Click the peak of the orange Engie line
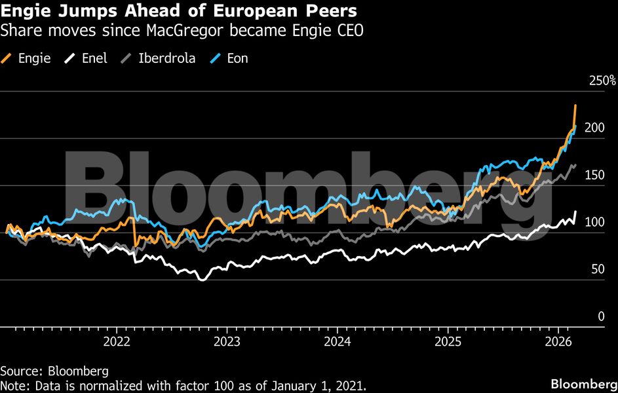[575, 105]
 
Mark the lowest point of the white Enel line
[201, 280]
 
